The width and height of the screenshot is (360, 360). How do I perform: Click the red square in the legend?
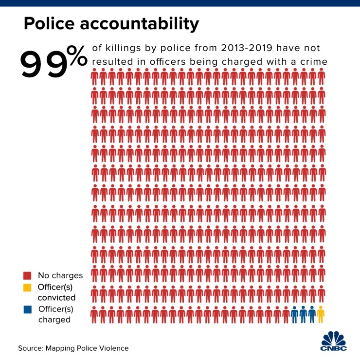coord(27,275)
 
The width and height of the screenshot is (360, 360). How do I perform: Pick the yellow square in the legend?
coord(27,288)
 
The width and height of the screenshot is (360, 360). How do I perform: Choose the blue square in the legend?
coord(27,310)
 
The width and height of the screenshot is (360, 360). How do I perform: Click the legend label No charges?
coord(60,275)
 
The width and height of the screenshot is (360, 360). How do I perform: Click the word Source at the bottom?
coord(30,348)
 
